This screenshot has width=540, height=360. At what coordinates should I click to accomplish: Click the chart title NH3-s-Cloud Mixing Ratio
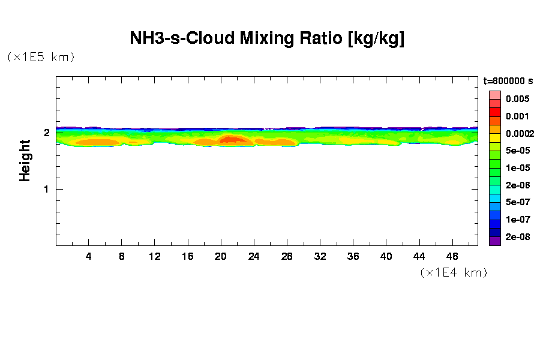tap(267, 38)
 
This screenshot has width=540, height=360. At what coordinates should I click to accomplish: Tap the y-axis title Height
tap(25, 160)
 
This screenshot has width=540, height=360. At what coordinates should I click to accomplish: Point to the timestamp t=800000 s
tap(508, 81)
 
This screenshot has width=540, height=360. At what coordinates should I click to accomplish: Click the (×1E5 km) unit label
tap(40, 58)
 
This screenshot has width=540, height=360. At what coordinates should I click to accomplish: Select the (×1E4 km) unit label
tap(453, 273)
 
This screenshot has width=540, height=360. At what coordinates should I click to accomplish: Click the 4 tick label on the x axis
tap(89, 257)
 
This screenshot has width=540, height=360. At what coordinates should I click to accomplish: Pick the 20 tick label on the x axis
tap(221, 257)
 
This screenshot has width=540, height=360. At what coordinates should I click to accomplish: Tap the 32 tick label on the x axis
tap(320, 257)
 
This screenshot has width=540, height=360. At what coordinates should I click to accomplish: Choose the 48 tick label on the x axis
tap(452, 257)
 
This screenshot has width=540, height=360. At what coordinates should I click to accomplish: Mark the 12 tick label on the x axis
tap(155, 257)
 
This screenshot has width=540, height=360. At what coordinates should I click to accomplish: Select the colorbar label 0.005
tap(517, 99)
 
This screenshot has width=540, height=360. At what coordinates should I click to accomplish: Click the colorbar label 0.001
tap(517, 116)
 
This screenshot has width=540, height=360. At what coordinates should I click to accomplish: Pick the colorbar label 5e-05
tap(517, 151)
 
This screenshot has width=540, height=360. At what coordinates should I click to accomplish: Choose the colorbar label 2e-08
tap(517, 237)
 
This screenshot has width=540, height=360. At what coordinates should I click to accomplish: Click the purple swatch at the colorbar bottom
tap(494, 242)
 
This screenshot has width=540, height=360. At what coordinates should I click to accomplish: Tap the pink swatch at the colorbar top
tap(494, 95)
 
